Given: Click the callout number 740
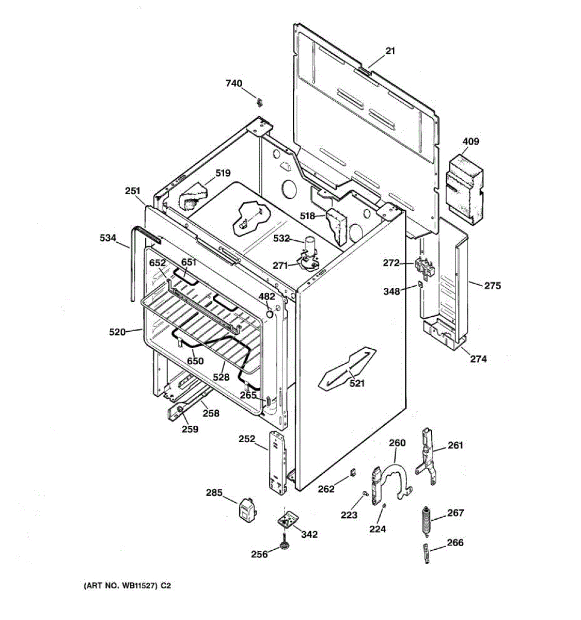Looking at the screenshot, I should (x=233, y=83).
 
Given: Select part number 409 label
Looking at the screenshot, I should (x=470, y=142).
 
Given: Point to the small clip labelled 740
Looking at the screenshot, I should (x=260, y=100).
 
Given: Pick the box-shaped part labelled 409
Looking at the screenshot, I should (x=463, y=189).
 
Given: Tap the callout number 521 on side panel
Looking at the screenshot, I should (x=356, y=383).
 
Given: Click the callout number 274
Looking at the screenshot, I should (x=478, y=359).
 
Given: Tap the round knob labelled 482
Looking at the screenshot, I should (x=270, y=313).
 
